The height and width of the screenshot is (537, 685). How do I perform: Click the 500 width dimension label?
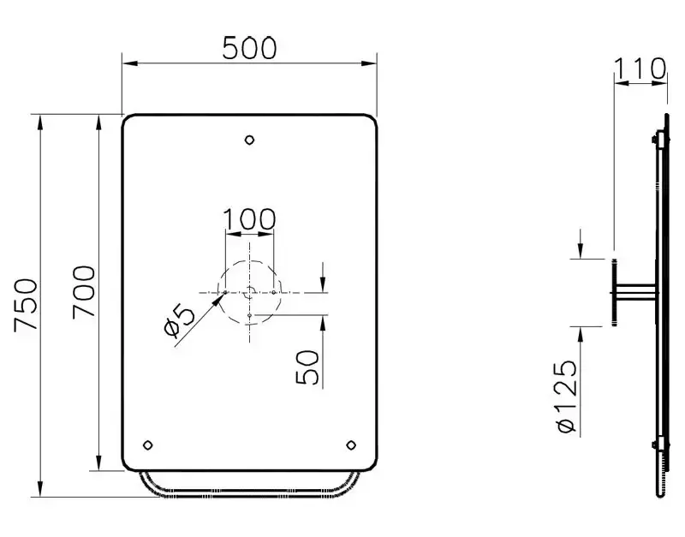[x=249, y=48]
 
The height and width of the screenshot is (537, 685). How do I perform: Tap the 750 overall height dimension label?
[x=26, y=305]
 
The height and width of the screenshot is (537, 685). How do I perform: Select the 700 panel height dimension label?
[x=83, y=291]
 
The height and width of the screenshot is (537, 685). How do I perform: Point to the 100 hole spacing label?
[x=249, y=219]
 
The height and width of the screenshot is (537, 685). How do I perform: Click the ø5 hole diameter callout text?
[x=180, y=321]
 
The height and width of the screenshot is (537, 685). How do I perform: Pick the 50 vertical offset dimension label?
[x=307, y=367]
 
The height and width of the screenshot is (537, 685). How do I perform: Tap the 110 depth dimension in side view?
[x=640, y=69]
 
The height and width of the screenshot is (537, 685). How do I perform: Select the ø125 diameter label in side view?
[x=568, y=397]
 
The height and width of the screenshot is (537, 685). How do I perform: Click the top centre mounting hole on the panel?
[x=249, y=140]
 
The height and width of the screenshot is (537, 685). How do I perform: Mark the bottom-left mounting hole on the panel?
[x=148, y=445]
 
